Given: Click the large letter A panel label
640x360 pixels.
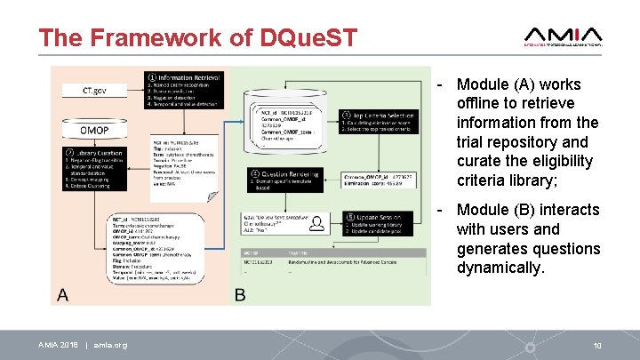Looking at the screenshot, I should click(x=63, y=294).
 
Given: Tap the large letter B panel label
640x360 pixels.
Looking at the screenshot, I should click(x=241, y=294).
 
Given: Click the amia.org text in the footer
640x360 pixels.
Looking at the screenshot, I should click(x=111, y=345).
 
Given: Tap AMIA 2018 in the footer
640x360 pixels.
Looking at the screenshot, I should click(x=57, y=345).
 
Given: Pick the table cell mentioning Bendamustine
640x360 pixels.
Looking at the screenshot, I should click(x=360, y=264).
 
